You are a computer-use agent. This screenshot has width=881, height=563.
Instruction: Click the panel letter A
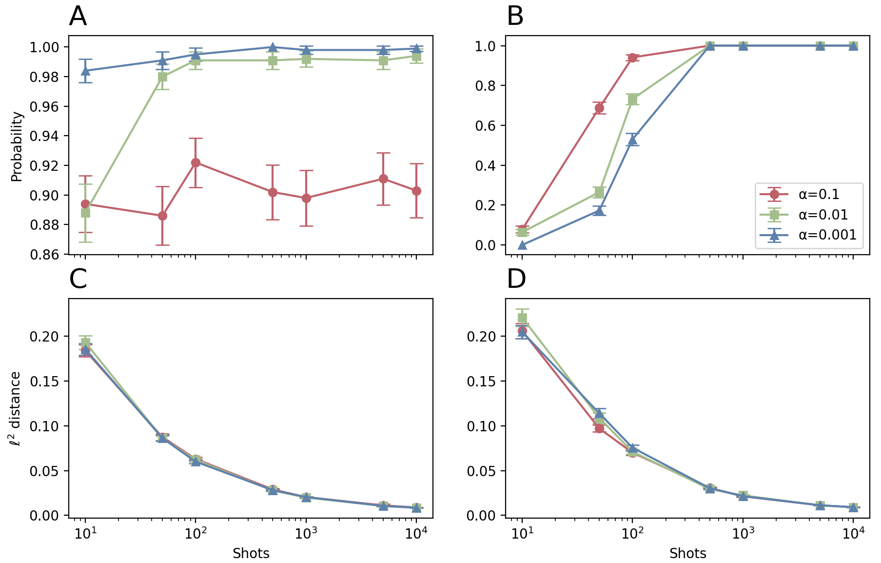pyautogui.click(x=78, y=17)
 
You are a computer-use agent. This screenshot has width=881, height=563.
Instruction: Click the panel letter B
pyautogui.click(x=515, y=17)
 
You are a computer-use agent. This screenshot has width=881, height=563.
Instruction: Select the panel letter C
pyautogui.click(x=78, y=280)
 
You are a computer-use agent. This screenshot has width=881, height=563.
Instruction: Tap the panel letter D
pyautogui.click(x=516, y=280)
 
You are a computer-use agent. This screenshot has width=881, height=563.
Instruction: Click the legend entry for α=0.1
pyautogui.click(x=819, y=195)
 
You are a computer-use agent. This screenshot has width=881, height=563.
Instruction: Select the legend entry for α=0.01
pyautogui.click(x=823, y=215)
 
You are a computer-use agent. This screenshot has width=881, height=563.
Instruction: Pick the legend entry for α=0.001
pyautogui.click(x=827, y=235)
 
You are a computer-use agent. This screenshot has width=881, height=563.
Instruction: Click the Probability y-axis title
pyautogui.click(x=17, y=146)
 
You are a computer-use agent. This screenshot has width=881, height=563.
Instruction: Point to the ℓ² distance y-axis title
pyautogui.click(x=16, y=408)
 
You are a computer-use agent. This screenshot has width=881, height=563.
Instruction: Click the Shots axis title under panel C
pyautogui.click(x=251, y=553)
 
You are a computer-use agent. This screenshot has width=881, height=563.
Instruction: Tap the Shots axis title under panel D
pyautogui.click(x=687, y=553)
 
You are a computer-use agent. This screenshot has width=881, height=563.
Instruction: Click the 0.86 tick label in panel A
pyautogui.click(x=45, y=255)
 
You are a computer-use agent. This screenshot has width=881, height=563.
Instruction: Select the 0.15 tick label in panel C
pyautogui.click(x=45, y=382)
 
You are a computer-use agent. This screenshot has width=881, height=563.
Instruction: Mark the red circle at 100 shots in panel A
pyautogui.click(x=196, y=162)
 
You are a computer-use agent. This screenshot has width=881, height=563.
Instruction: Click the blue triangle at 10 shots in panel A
pyautogui.click(x=86, y=71)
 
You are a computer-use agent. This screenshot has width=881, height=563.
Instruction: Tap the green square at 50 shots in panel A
pyautogui.click(x=163, y=77)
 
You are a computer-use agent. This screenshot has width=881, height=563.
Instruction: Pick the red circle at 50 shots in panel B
pyautogui.click(x=599, y=108)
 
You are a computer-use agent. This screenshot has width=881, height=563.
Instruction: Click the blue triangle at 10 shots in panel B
pyautogui.click(x=522, y=245)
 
